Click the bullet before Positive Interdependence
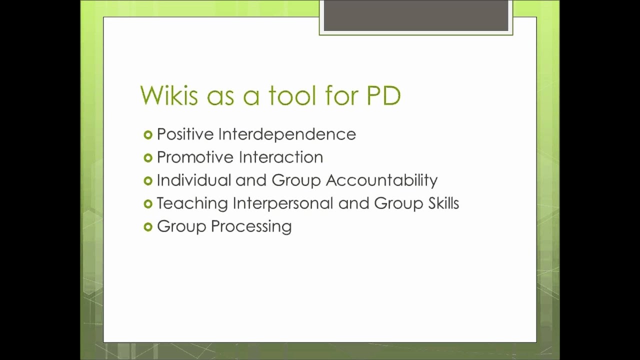tap(147, 134)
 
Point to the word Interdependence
tap(287, 134)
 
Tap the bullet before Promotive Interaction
tap(147, 157)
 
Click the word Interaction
tap(281, 157)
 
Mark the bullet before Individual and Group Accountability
tap(147, 180)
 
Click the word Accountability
tap(381, 180)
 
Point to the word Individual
tap(194, 180)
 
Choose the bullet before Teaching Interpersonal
tap(147, 203)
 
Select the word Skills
tap(441, 203)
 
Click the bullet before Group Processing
tap(147, 227)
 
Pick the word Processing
tap(251, 226)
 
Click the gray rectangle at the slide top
tap(416, 16)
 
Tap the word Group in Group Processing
tap(181, 226)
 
